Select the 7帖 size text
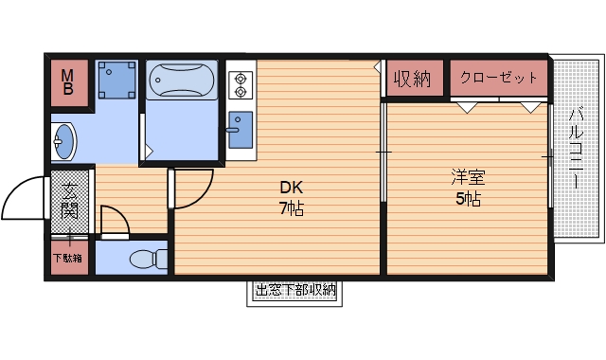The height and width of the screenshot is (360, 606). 291,208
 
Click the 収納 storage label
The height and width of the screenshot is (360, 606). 413,79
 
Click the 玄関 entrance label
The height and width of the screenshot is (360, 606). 69,199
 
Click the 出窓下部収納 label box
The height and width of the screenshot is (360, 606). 296,291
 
